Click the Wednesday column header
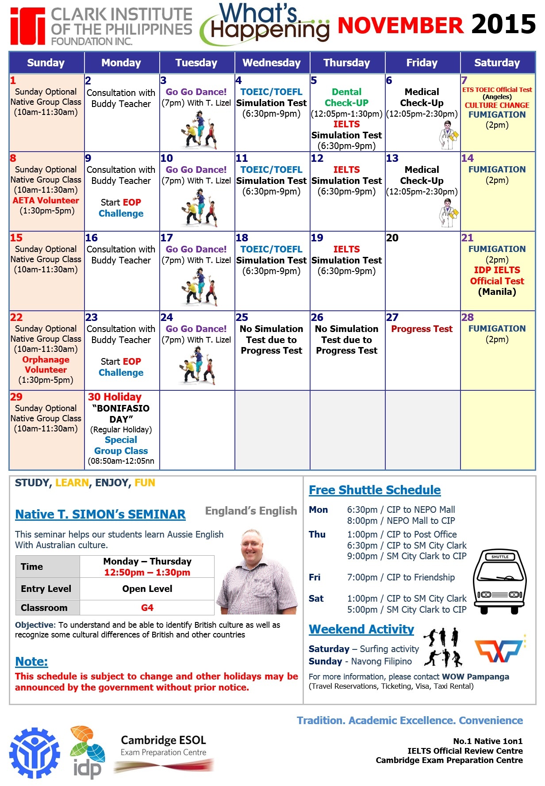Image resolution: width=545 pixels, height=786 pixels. point(272,63)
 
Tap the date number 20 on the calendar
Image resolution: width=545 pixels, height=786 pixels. point(392,238)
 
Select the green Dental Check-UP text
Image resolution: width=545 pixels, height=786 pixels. point(347,97)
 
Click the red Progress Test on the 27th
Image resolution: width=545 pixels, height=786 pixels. point(422,329)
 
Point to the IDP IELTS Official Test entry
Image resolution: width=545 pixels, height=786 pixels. point(497,276)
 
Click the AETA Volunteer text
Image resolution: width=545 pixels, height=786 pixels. point(46,200)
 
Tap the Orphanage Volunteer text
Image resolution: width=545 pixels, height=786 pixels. point(46,365)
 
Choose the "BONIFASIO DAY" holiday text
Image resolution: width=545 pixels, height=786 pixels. point(121,414)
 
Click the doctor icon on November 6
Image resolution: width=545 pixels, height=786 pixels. point(449,135)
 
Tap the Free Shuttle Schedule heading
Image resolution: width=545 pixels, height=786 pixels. point(375,490)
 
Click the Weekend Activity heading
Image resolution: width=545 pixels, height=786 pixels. point(361,629)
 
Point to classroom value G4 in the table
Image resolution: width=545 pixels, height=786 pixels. point(147,608)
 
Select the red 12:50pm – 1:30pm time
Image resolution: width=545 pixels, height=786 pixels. point(147,572)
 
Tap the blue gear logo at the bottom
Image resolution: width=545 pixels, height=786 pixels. point(35,753)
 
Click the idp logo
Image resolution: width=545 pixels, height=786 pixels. point(88,752)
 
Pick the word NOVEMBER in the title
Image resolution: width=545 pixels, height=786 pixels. point(400,25)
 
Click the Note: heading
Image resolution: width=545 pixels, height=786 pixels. point(31,661)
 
